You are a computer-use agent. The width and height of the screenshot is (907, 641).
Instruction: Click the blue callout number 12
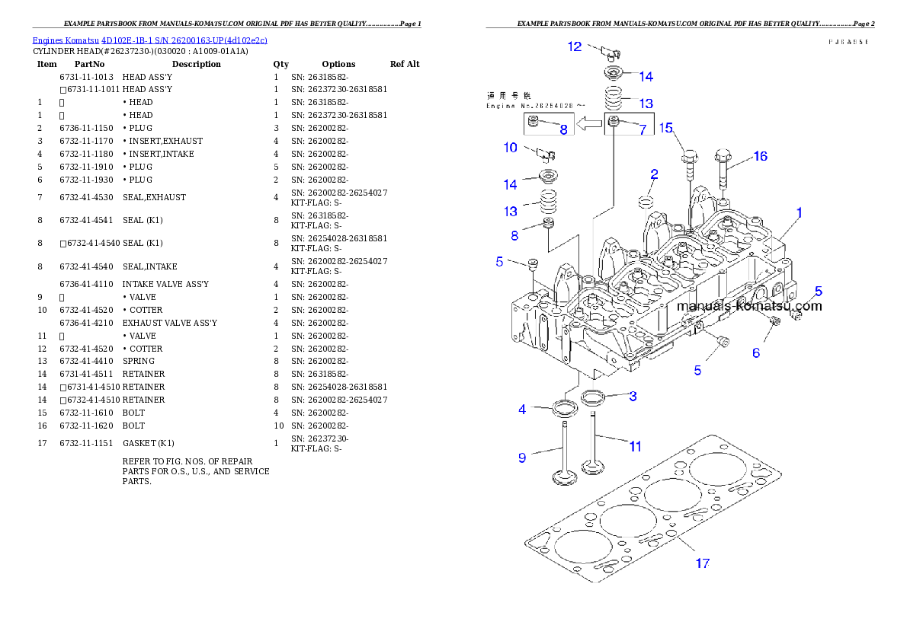(x=574, y=46)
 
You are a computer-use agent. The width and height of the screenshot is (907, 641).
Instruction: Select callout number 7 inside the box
(x=642, y=130)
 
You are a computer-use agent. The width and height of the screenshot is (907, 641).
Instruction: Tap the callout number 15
(x=666, y=128)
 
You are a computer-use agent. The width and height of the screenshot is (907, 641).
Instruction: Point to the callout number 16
(x=760, y=157)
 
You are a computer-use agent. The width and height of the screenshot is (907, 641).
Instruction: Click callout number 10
(x=510, y=148)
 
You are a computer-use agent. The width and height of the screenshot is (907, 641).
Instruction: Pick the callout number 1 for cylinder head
(x=799, y=212)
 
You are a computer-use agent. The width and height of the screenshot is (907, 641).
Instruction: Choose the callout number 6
(x=755, y=352)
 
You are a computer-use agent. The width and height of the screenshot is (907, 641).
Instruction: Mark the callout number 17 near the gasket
(x=702, y=563)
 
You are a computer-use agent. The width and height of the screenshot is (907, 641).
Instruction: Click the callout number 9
(x=522, y=458)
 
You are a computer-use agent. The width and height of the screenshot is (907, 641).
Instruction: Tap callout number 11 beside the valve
(x=635, y=447)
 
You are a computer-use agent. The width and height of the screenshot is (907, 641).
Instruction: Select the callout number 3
(x=632, y=396)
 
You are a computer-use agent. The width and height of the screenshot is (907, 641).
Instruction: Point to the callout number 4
(x=522, y=410)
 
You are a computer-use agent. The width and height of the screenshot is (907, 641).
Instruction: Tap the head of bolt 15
(x=689, y=158)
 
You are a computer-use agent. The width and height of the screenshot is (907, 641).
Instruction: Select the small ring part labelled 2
(x=646, y=201)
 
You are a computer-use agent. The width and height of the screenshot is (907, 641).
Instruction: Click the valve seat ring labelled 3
(x=594, y=397)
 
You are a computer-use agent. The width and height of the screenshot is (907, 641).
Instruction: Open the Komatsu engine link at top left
(x=149, y=40)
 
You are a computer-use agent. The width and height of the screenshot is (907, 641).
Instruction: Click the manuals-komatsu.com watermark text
(x=749, y=306)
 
